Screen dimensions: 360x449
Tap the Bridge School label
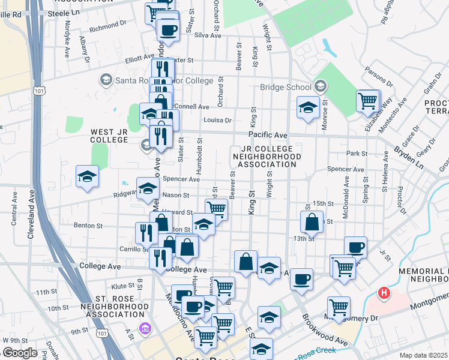286,87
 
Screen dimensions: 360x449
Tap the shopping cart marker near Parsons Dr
367,100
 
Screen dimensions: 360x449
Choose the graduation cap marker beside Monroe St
308,108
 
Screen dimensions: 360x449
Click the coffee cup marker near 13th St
355,247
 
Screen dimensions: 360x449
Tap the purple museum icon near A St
144,328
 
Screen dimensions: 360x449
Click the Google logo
19,353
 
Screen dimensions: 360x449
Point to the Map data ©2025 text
424,355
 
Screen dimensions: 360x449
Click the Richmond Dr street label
107,27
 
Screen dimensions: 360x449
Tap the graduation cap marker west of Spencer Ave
87,176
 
